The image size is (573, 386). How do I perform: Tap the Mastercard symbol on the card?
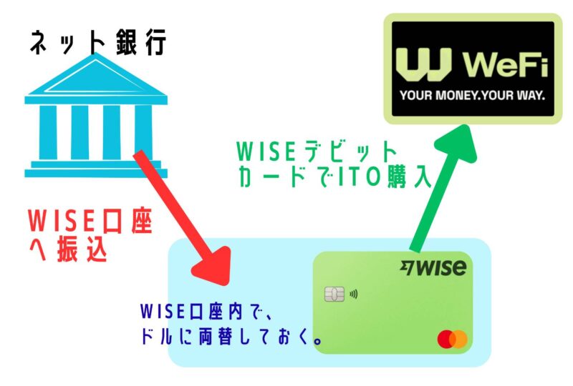click(x=452, y=339)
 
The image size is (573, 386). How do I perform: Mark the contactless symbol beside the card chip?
click(x=352, y=294)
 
